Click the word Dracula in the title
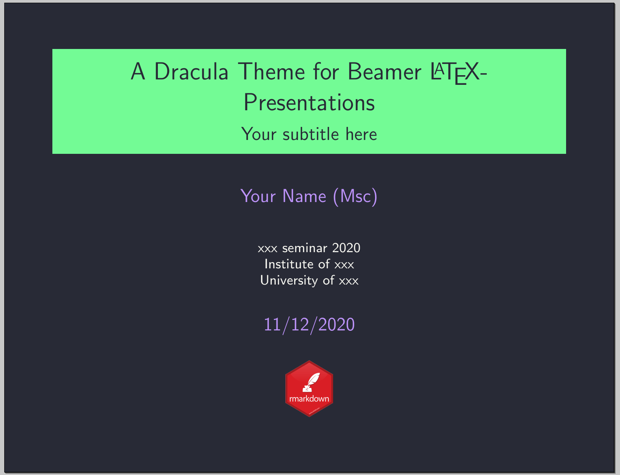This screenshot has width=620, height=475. [x=191, y=72]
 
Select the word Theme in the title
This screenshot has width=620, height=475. [x=271, y=72]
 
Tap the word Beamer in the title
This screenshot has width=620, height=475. [x=384, y=72]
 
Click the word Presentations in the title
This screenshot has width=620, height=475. [x=309, y=103]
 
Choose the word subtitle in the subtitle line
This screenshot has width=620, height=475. [x=311, y=134]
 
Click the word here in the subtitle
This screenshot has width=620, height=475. [x=361, y=134]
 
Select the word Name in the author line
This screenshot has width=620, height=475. [x=304, y=196]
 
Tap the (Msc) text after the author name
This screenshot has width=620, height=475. [x=355, y=196]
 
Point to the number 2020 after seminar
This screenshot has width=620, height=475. [x=346, y=248]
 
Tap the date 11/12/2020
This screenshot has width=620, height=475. [x=309, y=325]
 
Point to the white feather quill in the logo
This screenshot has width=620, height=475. [x=314, y=379]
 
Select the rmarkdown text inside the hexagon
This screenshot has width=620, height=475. [x=309, y=399]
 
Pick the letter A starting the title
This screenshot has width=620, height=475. [x=138, y=72]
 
